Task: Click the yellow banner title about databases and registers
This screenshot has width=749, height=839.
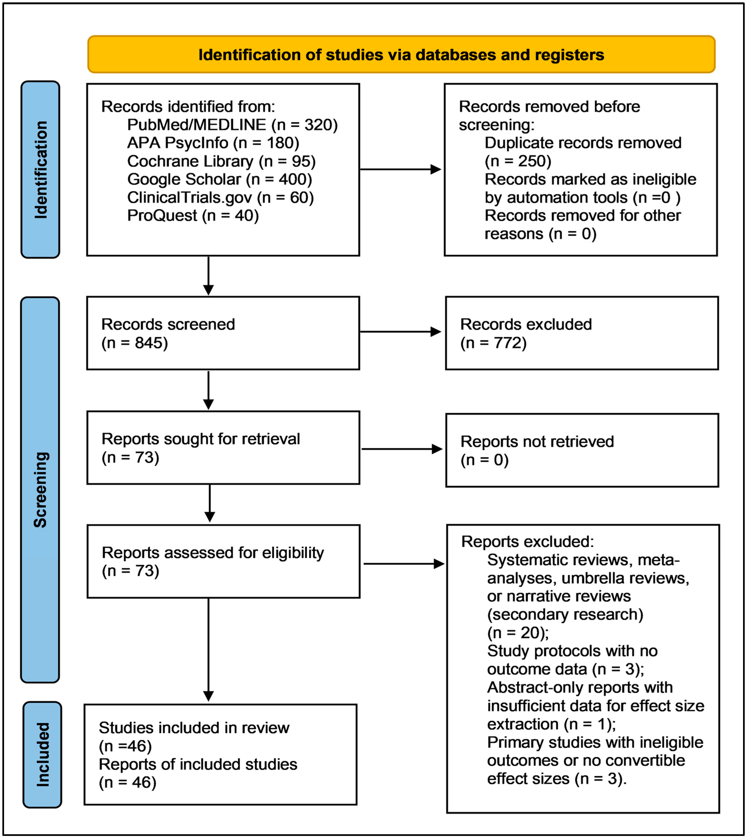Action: point(401,55)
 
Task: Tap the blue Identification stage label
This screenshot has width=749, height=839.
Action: point(40,169)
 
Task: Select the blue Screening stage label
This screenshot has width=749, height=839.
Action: point(40,489)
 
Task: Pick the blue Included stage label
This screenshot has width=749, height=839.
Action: point(42,755)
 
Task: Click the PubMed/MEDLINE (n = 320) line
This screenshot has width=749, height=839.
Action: point(232,125)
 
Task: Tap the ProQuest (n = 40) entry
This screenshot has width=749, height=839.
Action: point(193,216)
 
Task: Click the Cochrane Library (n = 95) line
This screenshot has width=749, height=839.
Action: point(221,161)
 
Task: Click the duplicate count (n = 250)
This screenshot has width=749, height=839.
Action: point(518,161)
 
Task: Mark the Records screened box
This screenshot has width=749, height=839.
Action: point(223,333)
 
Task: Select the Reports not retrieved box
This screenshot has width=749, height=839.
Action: point(582,450)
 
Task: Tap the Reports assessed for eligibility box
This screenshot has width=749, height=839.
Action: point(223,561)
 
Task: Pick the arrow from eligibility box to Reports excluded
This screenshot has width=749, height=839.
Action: point(404,564)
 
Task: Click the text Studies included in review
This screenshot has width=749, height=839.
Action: point(194,728)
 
